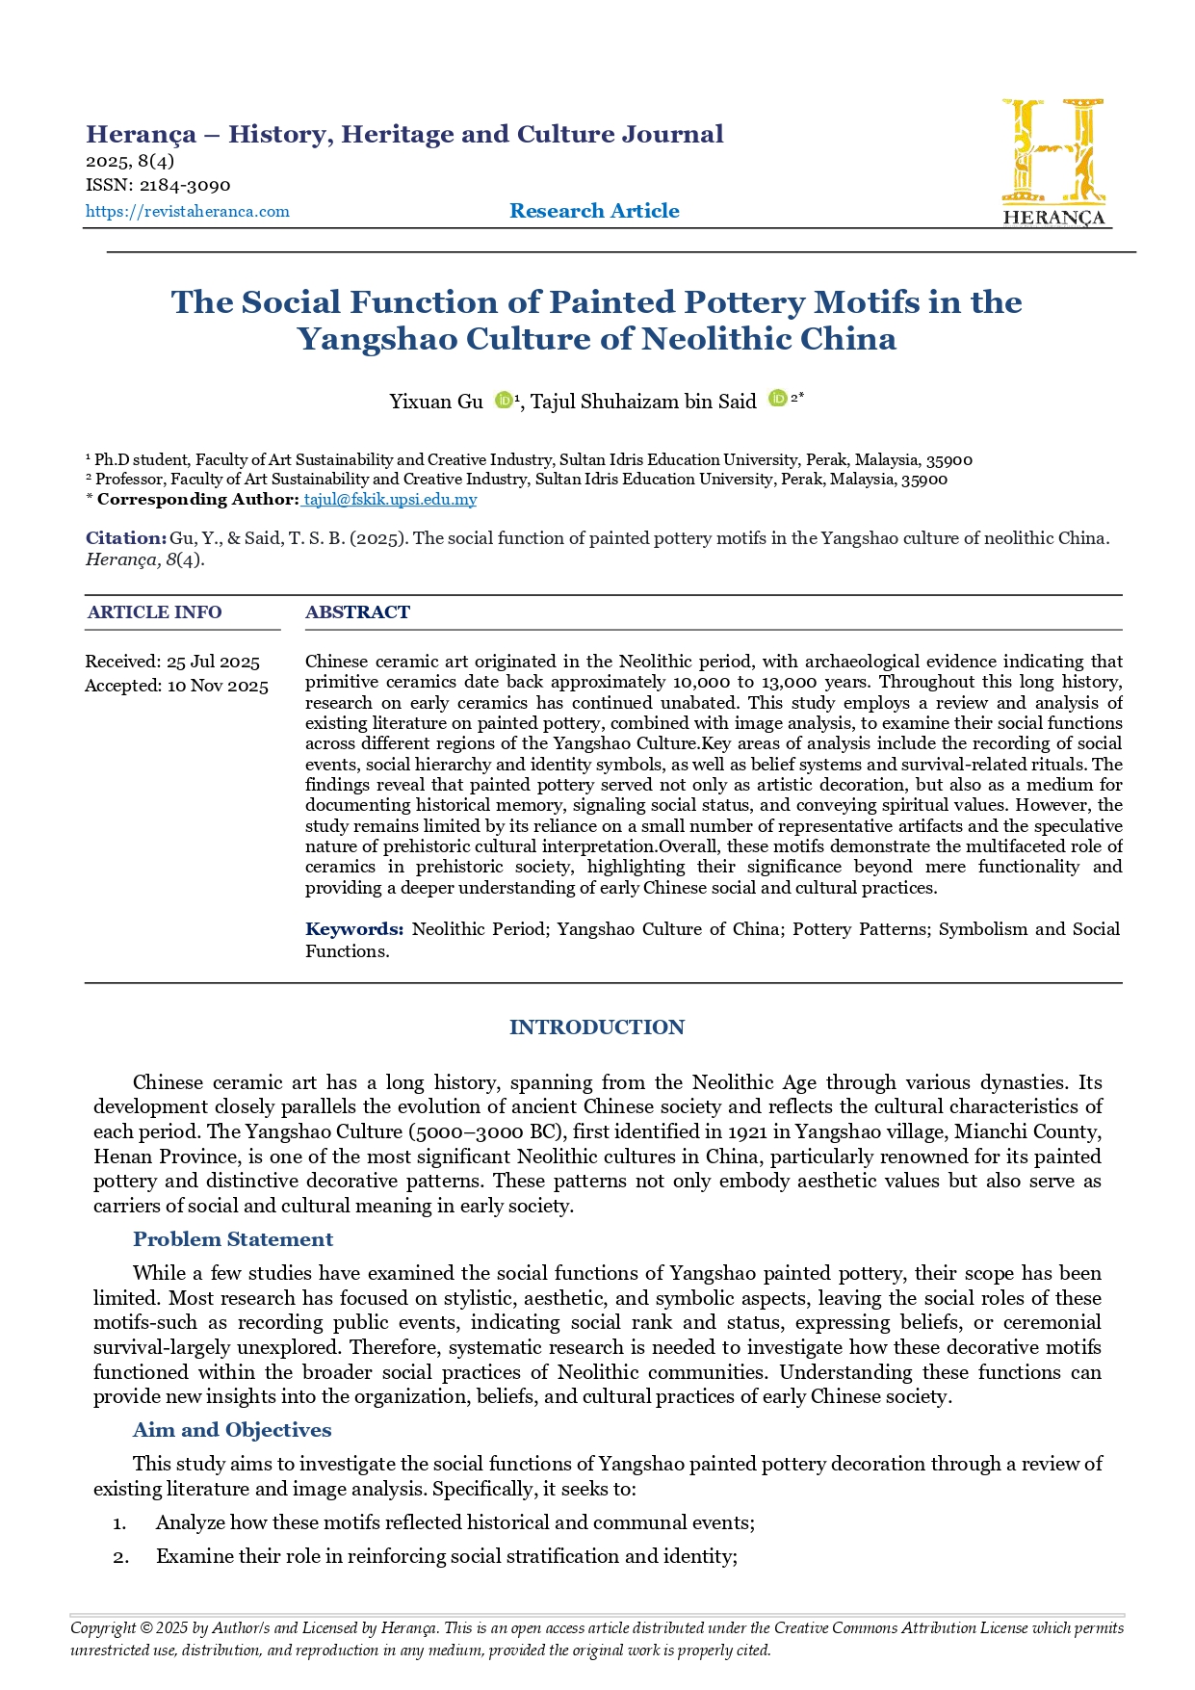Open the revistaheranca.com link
[188, 212]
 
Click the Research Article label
[594, 211]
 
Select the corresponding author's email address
[390, 499]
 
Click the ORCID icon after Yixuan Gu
[503, 401]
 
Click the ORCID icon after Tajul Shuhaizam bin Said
[777, 399]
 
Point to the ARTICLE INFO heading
[154, 612]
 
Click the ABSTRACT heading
[357, 612]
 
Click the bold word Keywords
[353, 929]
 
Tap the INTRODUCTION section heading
[597, 1027]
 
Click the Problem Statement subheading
[233, 1239]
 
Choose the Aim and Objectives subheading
[232, 1430]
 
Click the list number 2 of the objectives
[120, 1557]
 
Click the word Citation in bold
[125, 538]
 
